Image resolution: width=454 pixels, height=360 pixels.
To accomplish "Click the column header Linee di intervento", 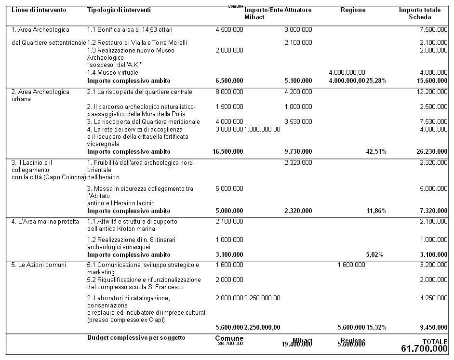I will coord(39,10).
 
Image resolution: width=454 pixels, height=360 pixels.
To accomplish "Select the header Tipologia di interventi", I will coord(119,10).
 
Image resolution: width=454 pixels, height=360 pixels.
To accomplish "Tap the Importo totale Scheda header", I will coord(419,13).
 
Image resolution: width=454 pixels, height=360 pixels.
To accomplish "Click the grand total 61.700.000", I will coord(424,348).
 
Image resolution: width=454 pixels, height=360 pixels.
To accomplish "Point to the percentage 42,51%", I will coord(376,152).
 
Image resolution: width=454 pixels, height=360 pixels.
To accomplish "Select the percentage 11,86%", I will coord(376,211).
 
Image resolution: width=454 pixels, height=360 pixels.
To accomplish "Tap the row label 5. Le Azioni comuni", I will coord(39,265).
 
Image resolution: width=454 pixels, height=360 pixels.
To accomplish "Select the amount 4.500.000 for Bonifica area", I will coord(229,30).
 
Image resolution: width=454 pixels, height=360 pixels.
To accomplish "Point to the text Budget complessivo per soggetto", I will coord(136,338).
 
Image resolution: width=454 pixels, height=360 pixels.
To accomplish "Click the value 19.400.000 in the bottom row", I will coord(297,344).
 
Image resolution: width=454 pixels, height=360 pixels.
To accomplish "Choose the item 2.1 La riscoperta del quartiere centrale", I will coord(139,92).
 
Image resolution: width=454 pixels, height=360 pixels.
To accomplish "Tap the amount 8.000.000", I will coord(229,92).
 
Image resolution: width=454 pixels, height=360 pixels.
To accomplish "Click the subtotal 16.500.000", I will coord(227,152).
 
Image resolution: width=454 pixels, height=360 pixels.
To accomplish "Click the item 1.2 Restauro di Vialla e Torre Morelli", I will coord(137,43).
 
